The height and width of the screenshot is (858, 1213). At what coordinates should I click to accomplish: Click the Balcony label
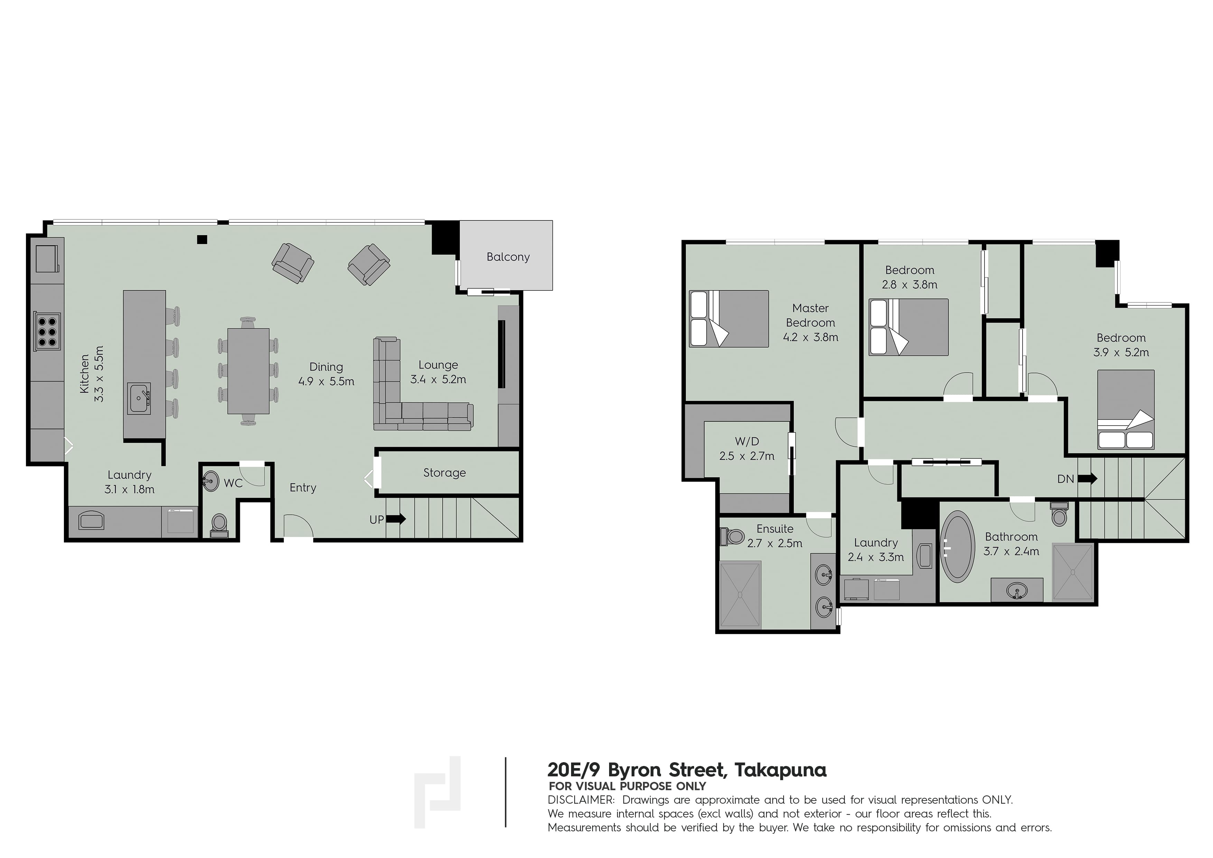(x=508, y=257)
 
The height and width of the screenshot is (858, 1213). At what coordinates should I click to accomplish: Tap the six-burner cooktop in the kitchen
(x=46, y=331)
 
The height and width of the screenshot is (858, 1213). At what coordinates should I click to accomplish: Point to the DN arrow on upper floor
(x=1087, y=479)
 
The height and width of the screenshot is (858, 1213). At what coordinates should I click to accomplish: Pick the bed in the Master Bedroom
(x=729, y=319)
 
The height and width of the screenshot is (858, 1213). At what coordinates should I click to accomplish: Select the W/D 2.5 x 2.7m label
(x=747, y=449)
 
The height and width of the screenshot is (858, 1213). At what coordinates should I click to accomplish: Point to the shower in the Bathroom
(x=1072, y=572)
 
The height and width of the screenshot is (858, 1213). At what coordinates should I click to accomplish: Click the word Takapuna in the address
(x=780, y=770)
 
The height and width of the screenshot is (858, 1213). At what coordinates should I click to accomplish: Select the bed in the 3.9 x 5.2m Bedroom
(x=1125, y=410)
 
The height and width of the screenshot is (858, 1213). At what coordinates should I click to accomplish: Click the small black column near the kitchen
(x=202, y=239)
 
